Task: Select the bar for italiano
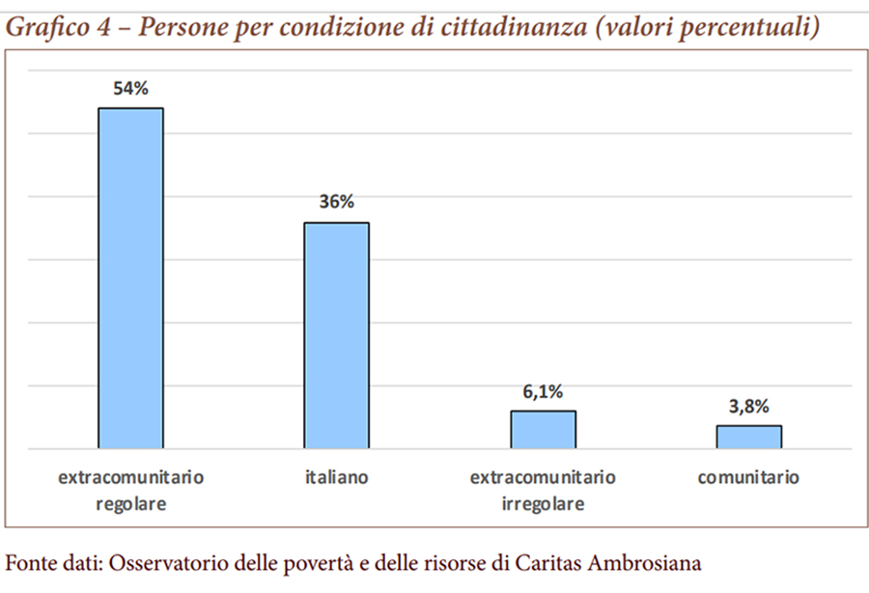coord(336,335)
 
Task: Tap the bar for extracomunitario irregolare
coord(543,430)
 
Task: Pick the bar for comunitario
coord(748,437)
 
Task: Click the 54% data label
coord(130,89)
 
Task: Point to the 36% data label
coord(336,203)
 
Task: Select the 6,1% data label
coord(543,391)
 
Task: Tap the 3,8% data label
coord(748,406)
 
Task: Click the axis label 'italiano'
coord(336,477)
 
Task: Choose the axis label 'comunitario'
coord(748,477)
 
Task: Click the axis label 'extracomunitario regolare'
coord(130,490)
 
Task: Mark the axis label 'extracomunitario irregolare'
coord(543,490)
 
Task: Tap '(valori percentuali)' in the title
coord(706,27)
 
